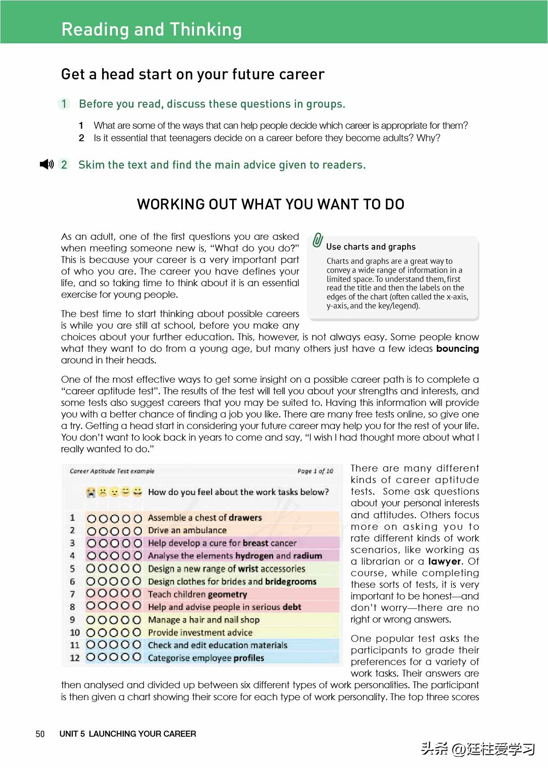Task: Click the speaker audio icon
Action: coord(46,164)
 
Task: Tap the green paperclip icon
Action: coord(318,240)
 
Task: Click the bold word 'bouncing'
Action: coord(457,348)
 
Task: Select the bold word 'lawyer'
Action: coord(444,561)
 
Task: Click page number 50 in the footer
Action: coord(40,734)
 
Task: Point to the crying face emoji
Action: coord(91,492)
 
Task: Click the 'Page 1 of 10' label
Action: coord(315,471)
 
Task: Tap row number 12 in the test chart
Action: coord(75,658)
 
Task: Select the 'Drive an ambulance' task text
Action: coord(187,530)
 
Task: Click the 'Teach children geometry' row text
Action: coord(197,594)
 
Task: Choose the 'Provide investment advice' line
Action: coord(200,632)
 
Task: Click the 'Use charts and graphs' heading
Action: coord(371,247)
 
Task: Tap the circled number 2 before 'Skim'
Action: coord(64,165)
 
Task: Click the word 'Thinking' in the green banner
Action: coord(206,29)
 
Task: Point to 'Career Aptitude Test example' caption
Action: coord(112,471)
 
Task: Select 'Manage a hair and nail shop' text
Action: coord(203,620)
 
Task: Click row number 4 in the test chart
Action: coord(73,556)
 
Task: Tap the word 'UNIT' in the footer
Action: coord(69,734)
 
